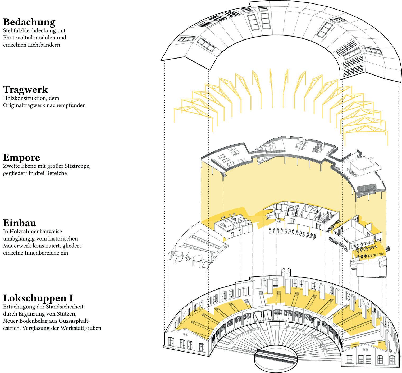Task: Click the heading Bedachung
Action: [x=29, y=22]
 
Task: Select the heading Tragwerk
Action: [x=25, y=89]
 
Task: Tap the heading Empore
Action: [x=21, y=158]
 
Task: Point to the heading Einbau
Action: [x=20, y=223]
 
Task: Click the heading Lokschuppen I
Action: [x=38, y=298]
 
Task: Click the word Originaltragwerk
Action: [x=25, y=105]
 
